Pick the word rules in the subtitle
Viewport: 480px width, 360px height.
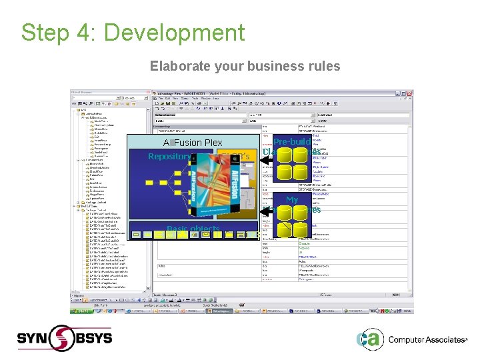323,66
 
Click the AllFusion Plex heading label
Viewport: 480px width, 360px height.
193,143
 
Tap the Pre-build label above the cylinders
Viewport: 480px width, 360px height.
292,142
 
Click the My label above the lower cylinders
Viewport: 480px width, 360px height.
292,199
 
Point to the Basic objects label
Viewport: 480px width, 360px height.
193,229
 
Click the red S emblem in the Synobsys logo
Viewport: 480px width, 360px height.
63,337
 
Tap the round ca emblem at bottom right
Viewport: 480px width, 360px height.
369,339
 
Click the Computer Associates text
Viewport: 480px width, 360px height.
427,339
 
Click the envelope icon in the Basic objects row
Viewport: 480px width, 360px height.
149,235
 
